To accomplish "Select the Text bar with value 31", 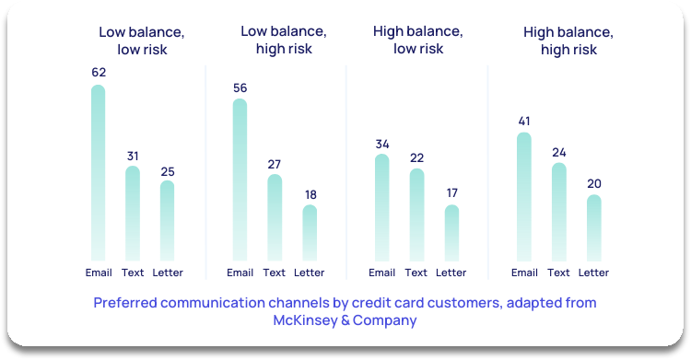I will [133, 213].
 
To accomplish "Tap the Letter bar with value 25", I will [167, 220].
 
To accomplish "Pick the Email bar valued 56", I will [240, 180].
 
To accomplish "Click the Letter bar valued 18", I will [310, 232].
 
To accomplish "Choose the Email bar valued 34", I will [381, 207].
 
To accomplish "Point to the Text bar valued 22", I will [416, 214].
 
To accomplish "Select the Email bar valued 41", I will [524, 196].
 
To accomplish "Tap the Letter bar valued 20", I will [594, 227].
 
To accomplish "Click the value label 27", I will [275, 164].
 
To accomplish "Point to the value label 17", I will [451, 193].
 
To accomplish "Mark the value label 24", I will [559, 152].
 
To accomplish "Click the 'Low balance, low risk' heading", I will [142, 41].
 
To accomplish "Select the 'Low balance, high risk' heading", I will [284, 40].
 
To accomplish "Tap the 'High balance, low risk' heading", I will [417, 40].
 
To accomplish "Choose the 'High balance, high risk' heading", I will [568, 41].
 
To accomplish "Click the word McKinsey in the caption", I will [305, 320].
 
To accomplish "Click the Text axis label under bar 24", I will [559, 273].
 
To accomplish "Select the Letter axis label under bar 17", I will [451, 273].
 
